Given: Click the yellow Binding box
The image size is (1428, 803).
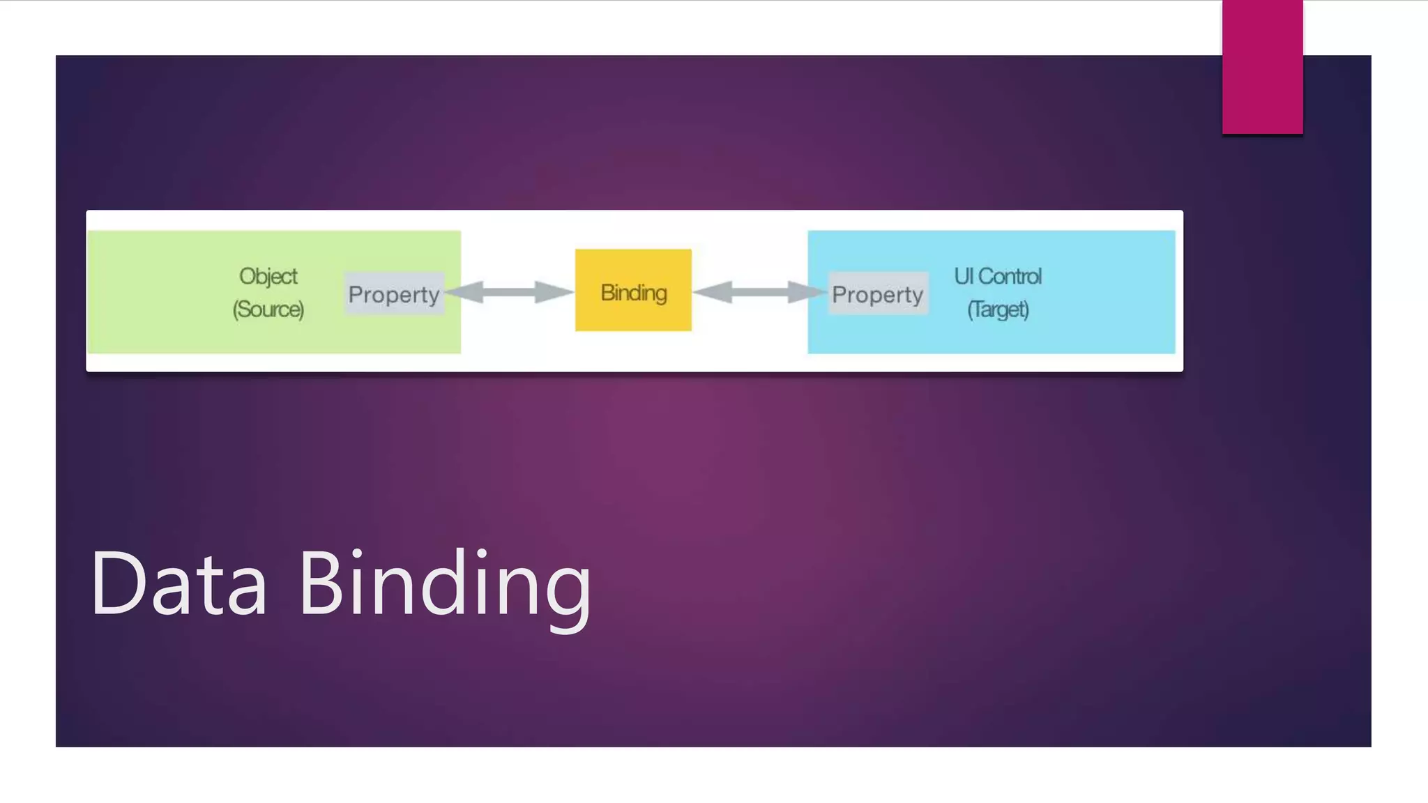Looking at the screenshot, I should pyautogui.click(x=633, y=290).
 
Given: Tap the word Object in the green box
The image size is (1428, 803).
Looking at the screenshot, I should pyautogui.click(x=268, y=277).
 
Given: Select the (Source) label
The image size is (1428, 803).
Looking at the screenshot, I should pyautogui.click(x=268, y=309).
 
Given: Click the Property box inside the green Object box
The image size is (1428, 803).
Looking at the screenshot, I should pyautogui.click(x=394, y=293).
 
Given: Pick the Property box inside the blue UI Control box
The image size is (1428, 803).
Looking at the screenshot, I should pyautogui.click(x=878, y=293).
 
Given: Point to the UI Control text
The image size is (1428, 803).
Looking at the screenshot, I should pyautogui.click(x=998, y=277).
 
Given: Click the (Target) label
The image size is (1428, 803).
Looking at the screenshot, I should pyautogui.click(x=998, y=309).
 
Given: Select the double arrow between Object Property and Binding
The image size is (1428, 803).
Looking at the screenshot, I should pyautogui.click(x=510, y=292).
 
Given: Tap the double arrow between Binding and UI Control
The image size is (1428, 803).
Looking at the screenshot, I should pyautogui.click(x=760, y=292).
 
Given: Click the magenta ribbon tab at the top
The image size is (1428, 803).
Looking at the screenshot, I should pyautogui.click(x=1262, y=67).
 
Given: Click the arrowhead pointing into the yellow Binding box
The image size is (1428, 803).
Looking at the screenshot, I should pyautogui.click(x=554, y=292).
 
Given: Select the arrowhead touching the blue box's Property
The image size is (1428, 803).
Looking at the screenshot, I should pyautogui.click(x=807, y=292).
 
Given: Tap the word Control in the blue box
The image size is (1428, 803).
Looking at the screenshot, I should pyautogui.click(x=1010, y=277).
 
